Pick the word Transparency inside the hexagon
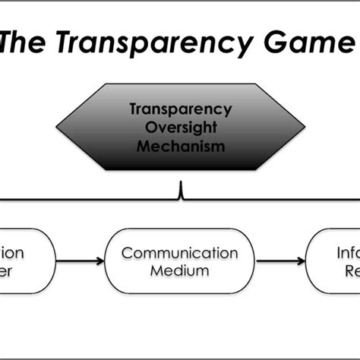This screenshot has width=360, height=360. point(181,109)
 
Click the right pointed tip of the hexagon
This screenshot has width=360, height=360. point(305,126)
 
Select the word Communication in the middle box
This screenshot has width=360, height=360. point(180,253)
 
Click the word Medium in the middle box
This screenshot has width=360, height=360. point(180,270)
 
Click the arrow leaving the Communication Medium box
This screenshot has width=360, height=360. point(281,262)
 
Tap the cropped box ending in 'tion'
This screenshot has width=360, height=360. point(23,262)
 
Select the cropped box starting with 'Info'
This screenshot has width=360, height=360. point(334,262)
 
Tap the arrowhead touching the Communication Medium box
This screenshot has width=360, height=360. point(100,262)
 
